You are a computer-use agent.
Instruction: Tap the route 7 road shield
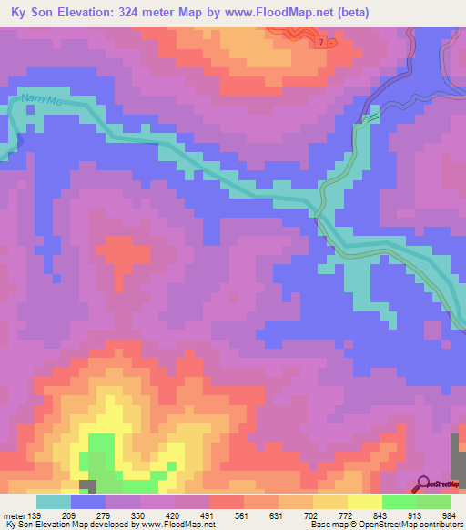321,43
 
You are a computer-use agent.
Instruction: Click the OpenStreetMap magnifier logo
423,484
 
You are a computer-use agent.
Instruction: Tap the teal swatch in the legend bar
54,502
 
